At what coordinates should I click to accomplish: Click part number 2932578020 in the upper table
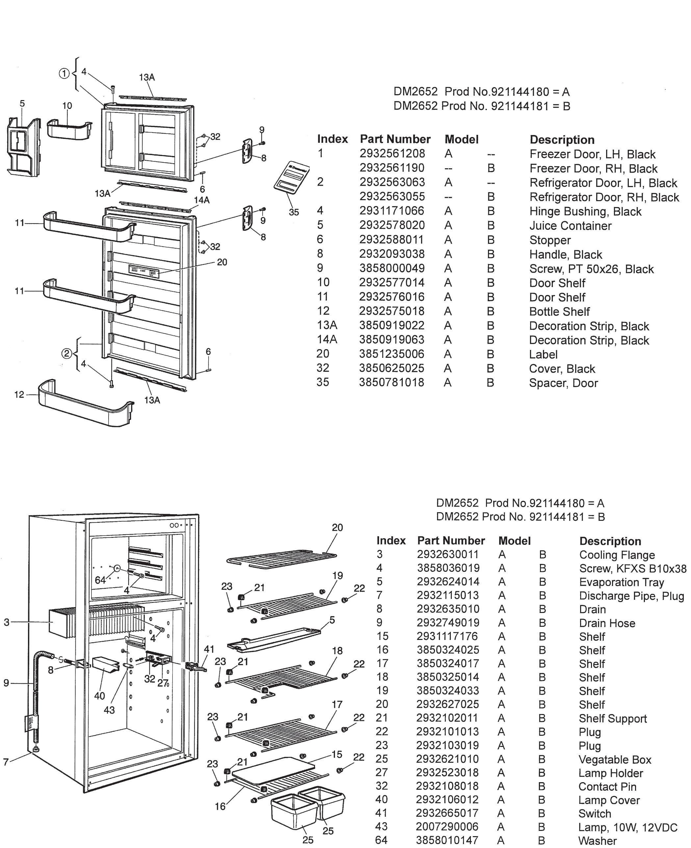point(392,225)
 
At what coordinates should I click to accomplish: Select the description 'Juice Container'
point(570,226)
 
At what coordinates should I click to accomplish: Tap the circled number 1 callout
point(64,74)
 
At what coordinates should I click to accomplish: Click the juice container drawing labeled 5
point(23,147)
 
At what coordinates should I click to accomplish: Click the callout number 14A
point(202,200)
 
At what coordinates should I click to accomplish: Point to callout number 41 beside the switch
point(209,649)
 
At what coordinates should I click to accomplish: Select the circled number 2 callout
point(66,354)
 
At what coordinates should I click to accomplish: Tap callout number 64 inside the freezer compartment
point(100,580)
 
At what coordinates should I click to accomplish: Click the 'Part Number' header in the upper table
point(395,139)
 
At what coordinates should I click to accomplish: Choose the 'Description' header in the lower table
point(610,541)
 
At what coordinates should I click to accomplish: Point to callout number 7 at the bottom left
point(6,762)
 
